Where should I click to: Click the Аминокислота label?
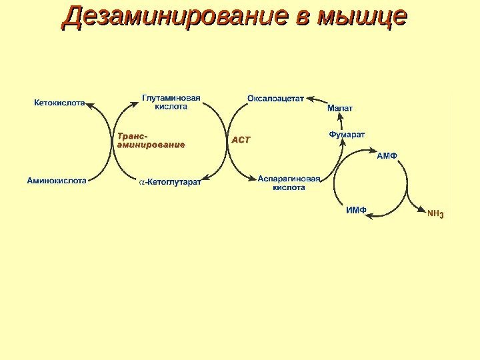(57, 180)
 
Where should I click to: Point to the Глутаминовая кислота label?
(171, 102)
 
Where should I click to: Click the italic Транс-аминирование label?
(150, 141)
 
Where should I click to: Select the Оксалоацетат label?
(275, 98)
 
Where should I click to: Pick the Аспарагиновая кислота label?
(289, 183)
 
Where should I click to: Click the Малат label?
(340, 108)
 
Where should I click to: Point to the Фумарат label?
(347, 135)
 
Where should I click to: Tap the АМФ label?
(387, 156)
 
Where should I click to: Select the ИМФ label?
(356, 210)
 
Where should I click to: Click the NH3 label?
(435, 215)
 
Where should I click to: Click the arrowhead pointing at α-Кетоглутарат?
(205, 178)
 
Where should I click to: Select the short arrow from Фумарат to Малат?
(341, 121)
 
